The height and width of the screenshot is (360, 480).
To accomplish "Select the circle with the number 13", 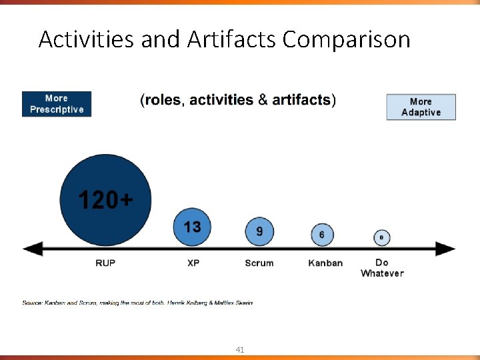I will (x=192, y=227).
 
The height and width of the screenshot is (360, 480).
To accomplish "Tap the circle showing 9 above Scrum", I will (x=259, y=231).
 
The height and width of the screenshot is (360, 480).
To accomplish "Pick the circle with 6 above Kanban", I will (x=322, y=235).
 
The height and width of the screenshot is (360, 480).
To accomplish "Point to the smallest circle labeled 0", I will (x=381, y=237).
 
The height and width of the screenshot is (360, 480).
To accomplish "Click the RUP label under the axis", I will (x=105, y=263).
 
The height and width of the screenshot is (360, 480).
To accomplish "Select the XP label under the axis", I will (x=193, y=263).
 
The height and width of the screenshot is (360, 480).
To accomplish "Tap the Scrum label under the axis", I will (x=259, y=263).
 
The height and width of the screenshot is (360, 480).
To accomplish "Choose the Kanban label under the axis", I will (x=325, y=263).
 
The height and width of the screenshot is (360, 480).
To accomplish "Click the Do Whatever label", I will (x=382, y=267).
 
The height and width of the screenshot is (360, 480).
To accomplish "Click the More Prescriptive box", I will (x=57, y=104).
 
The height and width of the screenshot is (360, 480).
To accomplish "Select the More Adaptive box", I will (x=421, y=107).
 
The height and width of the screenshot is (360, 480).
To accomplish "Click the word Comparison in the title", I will (x=346, y=40).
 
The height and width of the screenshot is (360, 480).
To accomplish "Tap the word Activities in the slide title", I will (x=87, y=40).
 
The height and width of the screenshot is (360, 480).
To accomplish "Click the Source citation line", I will (x=137, y=303).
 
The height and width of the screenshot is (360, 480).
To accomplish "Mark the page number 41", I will (x=239, y=349).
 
